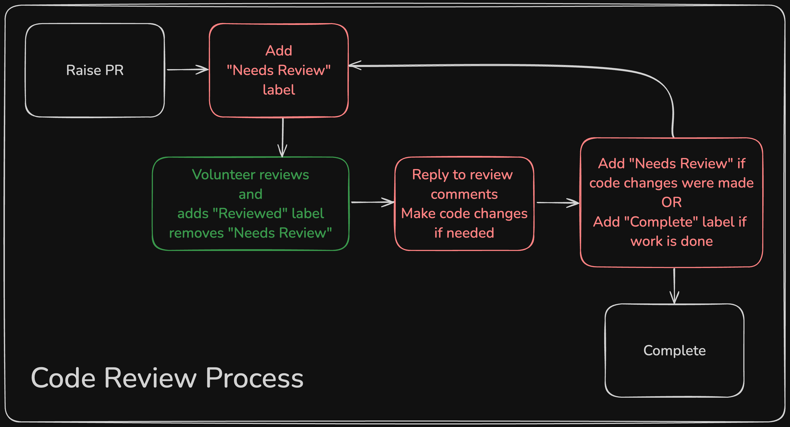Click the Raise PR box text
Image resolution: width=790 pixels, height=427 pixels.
[95, 70]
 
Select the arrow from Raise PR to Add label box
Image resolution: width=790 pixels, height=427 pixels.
[187, 70]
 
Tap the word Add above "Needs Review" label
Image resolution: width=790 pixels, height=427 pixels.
[278, 51]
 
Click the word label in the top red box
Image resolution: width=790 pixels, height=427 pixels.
[278, 90]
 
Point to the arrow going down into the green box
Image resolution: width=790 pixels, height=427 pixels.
[283, 138]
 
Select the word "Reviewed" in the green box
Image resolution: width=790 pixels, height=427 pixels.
[250, 214]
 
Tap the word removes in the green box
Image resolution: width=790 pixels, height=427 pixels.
[196, 233]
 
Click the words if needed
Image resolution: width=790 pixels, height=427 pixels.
[464, 233]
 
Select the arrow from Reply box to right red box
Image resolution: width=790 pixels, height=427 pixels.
[558, 203]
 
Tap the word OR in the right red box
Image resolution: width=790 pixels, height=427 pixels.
[671, 202]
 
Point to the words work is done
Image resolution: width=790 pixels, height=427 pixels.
[671, 242]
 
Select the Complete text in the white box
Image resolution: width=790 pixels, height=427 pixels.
[674, 351]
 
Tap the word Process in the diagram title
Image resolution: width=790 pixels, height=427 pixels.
[254, 378]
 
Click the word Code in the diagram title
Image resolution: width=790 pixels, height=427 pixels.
[63, 378]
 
